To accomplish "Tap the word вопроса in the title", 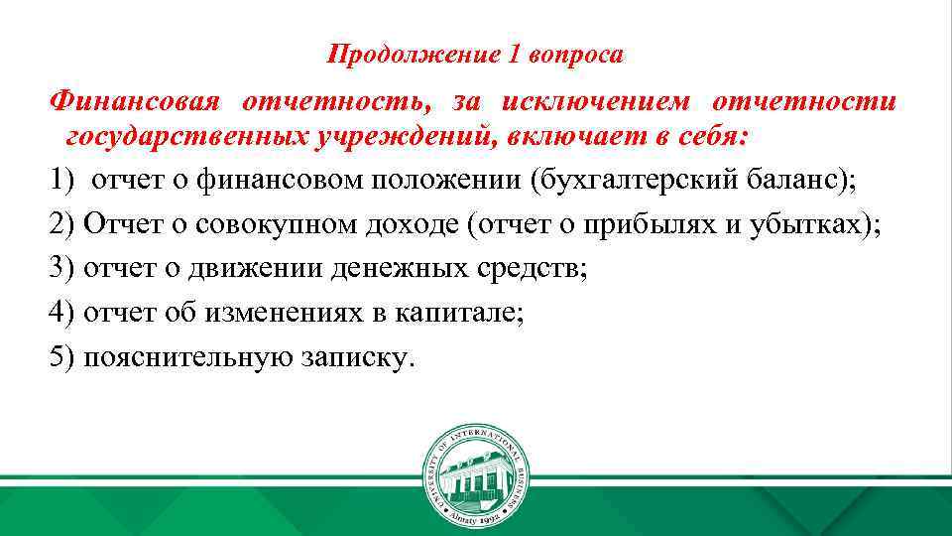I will point(577,54).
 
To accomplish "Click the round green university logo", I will point(475,473).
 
